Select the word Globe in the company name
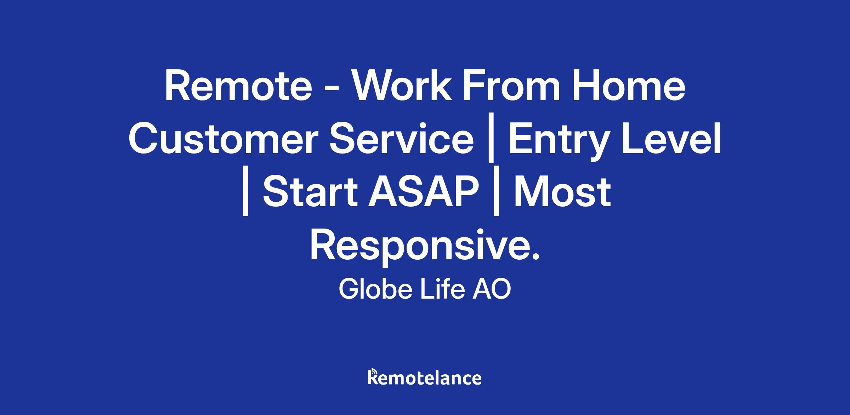[x=375, y=289]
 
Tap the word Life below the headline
[x=442, y=289]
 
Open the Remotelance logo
[x=425, y=377]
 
